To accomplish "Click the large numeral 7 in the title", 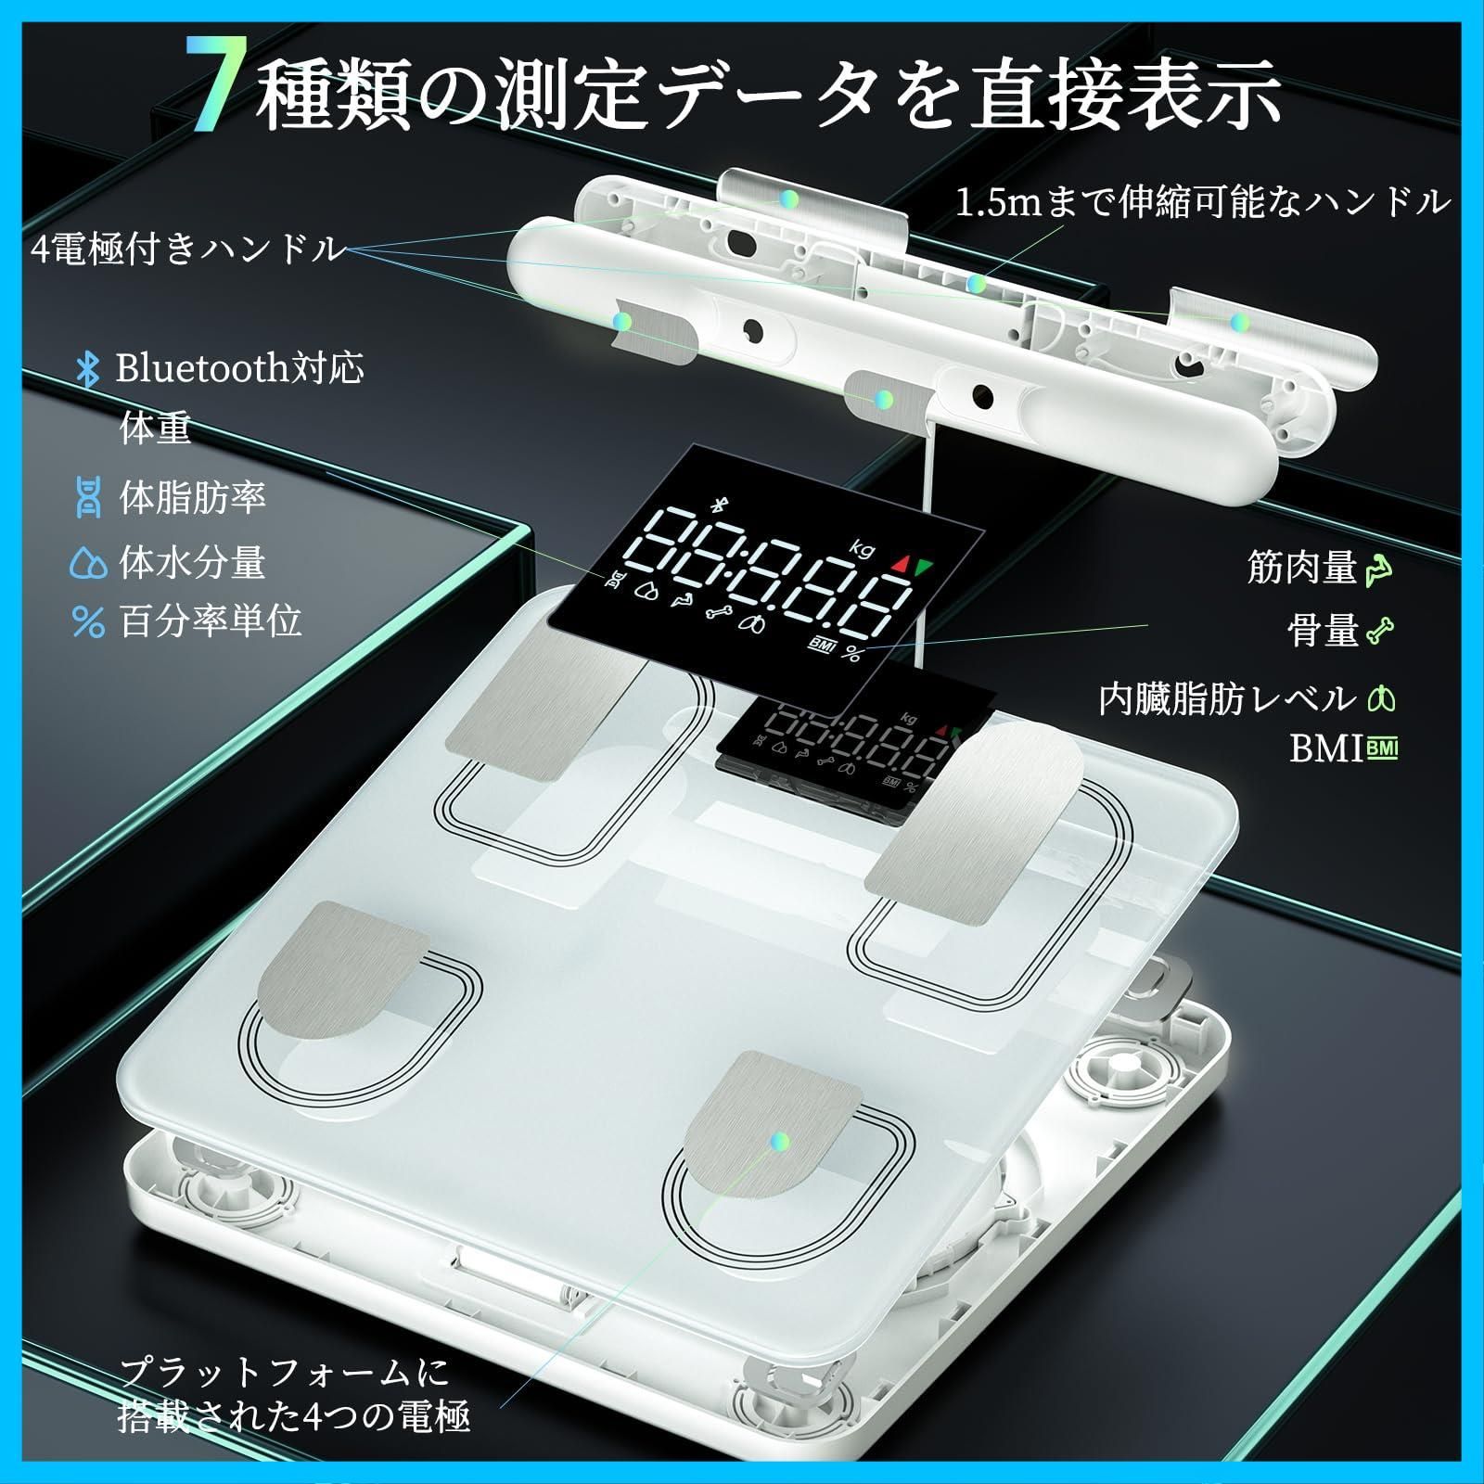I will coord(215,88).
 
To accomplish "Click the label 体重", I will coord(155,429).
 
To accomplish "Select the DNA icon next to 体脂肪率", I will coord(88,498).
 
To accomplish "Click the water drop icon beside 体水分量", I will coord(88,564).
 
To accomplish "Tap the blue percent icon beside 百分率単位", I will coord(88,622).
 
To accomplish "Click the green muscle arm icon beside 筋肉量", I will coord(1379,569).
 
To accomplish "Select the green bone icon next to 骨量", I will coord(1380,632).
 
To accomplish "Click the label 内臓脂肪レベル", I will coord(1227,698).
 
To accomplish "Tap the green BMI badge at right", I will coord(1381,748).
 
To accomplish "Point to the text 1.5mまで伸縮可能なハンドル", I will coord(1202,201).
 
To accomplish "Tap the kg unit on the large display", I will coord(862,549).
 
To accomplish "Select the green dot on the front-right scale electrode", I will coord(780,1141).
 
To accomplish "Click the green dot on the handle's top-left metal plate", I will coord(789,198).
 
